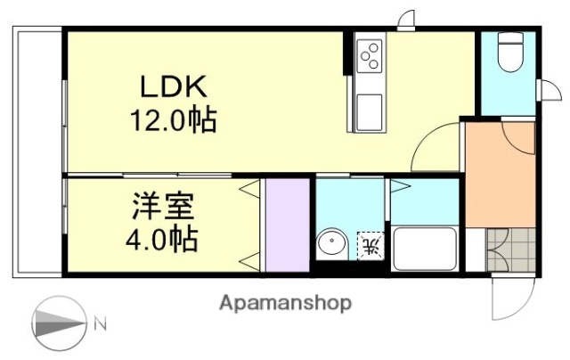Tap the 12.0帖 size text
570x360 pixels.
[x=175, y=119]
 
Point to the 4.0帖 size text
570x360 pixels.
[x=161, y=239]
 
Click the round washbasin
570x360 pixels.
[x=332, y=243]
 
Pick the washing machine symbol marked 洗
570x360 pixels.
[x=370, y=243]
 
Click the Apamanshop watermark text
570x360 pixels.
[x=285, y=302]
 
